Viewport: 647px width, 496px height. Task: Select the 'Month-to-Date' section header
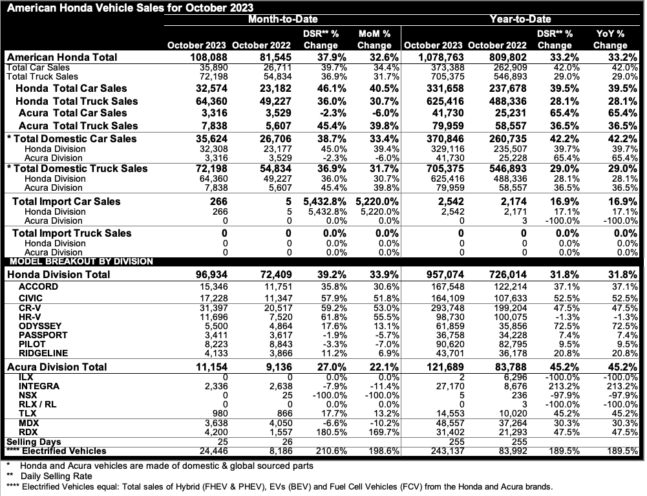tap(283, 20)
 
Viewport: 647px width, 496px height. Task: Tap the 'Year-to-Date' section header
tap(521, 20)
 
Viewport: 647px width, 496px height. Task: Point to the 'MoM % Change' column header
tap(374, 39)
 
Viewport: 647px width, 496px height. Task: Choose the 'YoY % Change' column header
tap(610, 39)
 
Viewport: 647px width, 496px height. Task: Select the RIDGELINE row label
tap(43, 354)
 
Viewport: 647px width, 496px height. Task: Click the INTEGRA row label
tap(39, 386)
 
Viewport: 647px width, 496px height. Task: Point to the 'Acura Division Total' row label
tap(57, 367)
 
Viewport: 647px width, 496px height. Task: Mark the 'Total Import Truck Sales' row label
tap(72, 233)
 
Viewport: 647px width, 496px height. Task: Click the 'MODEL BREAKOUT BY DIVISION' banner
tap(80, 261)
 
